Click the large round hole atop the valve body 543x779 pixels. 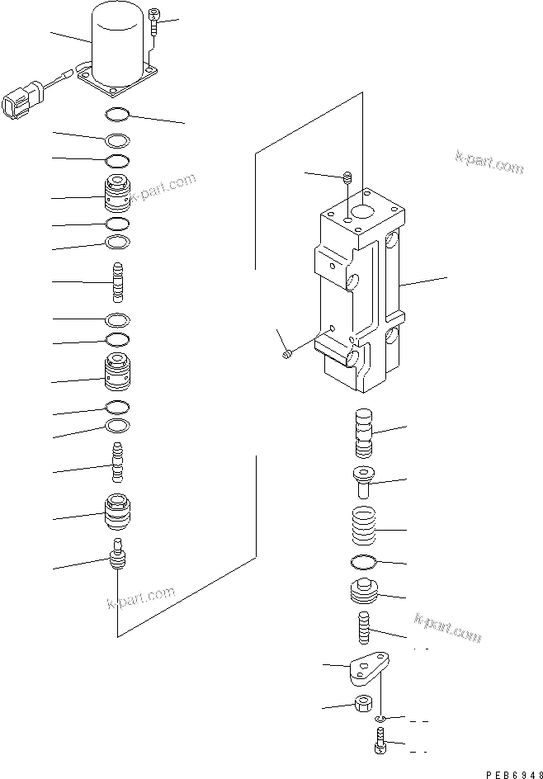click(360, 213)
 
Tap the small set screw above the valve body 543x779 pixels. click(347, 176)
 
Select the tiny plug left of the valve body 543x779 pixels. click(286, 354)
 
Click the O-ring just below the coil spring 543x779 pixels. click(363, 564)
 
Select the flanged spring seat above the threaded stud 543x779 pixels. click(363, 593)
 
